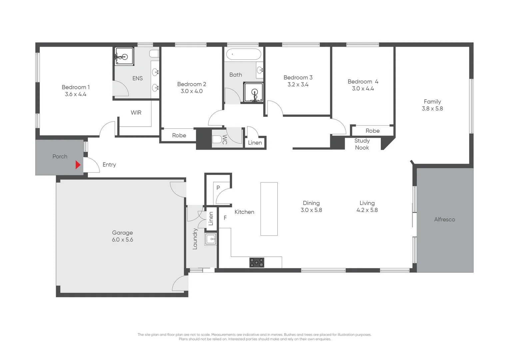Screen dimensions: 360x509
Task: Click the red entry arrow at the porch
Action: tap(78, 165)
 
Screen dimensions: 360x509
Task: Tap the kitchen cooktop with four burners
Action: tap(256, 262)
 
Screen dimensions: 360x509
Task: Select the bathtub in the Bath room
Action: tap(244, 54)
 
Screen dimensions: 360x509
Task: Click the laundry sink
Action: tap(211, 239)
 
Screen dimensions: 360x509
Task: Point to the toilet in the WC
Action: tap(217, 139)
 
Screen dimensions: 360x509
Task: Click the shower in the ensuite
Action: tap(124, 56)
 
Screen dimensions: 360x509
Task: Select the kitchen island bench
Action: tap(269, 209)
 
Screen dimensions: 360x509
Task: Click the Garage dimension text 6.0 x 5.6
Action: tap(122, 240)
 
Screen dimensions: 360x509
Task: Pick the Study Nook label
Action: tap(362, 144)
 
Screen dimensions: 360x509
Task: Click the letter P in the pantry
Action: tap(218, 188)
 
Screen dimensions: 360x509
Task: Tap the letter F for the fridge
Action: tap(225, 218)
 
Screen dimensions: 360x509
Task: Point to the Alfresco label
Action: tap(444, 219)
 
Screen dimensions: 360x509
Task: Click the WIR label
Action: tap(136, 113)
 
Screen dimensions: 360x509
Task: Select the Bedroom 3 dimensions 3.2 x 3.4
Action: tap(298, 85)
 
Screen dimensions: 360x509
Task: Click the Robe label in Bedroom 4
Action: tap(372, 131)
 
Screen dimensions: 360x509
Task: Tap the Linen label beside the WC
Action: tap(255, 143)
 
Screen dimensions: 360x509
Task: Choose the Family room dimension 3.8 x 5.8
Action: tap(432, 109)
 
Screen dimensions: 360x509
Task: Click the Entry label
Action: tap(109, 165)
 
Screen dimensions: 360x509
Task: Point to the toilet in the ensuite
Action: tap(154, 54)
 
